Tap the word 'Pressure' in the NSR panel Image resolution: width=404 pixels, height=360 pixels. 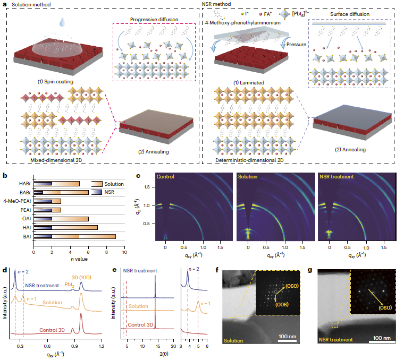click(x=296, y=45)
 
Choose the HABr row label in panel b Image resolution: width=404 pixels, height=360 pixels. click(x=24, y=184)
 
